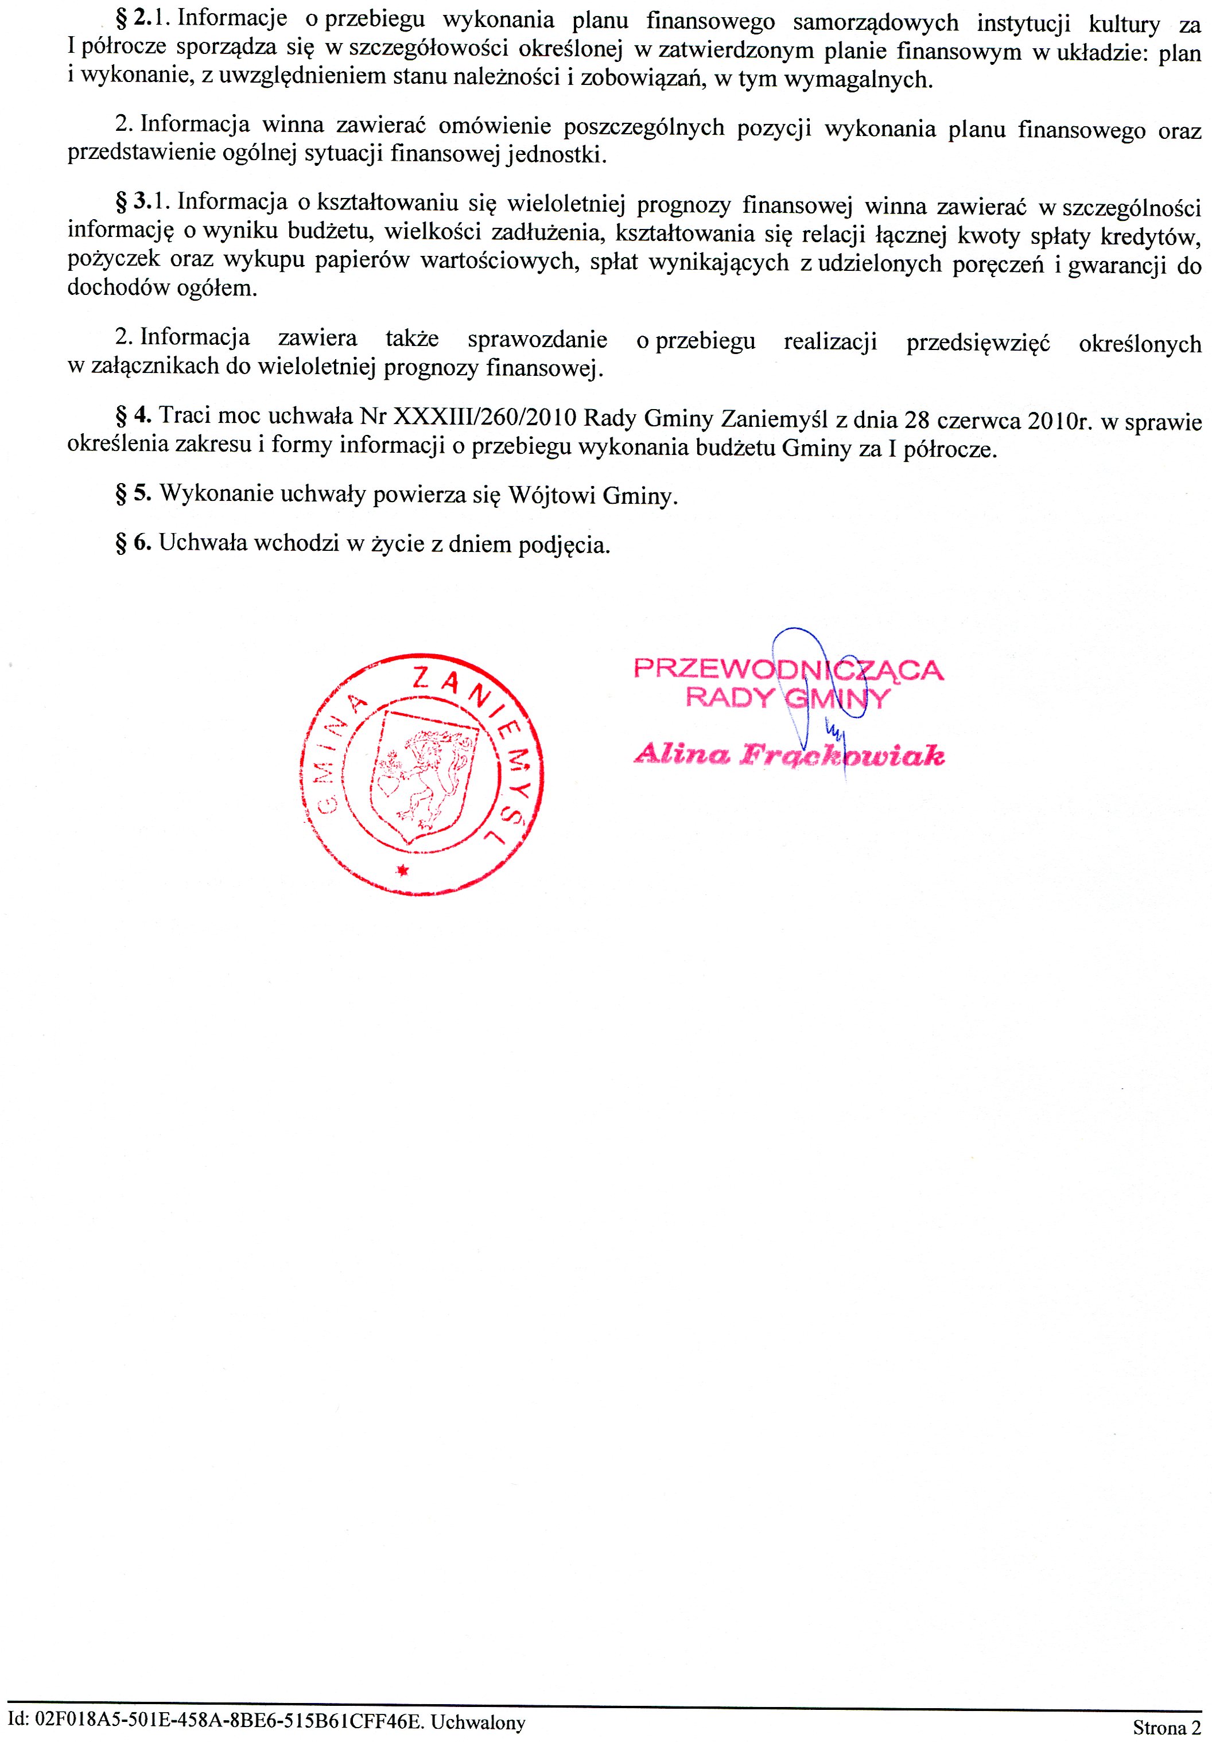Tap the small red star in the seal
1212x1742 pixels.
(x=403, y=870)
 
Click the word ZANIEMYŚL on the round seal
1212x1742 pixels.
(x=485, y=728)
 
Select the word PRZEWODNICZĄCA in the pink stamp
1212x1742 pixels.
(x=788, y=670)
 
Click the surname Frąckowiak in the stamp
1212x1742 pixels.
(x=842, y=756)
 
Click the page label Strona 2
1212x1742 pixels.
(x=1167, y=1728)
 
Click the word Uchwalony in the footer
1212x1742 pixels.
(x=478, y=1722)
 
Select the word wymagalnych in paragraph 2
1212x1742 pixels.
(x=857, y=80)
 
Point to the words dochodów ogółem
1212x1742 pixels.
(x=162, y=288)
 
